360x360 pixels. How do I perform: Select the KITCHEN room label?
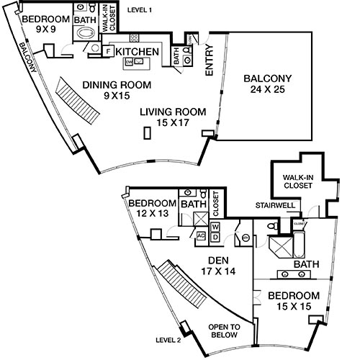tap(138, 51)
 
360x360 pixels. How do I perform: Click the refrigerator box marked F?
tap(107, 51)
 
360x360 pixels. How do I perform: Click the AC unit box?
tap(201, 235)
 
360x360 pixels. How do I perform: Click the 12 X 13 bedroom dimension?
tap(152, 215)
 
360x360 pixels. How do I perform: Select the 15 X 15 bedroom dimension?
tap(294, 307)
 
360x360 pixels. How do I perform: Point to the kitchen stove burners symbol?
tap(135, 37)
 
